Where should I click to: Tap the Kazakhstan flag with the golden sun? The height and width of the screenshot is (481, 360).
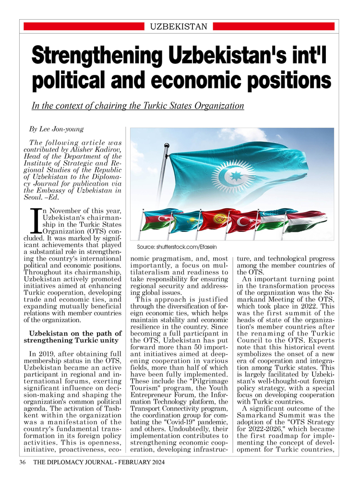point(184,221)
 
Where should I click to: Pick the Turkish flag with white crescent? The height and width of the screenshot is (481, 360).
point(243,220)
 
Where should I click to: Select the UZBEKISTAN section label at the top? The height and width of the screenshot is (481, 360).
point(179,26)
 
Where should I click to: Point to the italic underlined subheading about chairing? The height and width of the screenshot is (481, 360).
point(138,106)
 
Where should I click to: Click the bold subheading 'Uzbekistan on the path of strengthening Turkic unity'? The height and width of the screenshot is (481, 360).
point(75,337)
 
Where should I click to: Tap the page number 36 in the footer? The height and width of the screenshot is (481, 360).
point(23,462)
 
